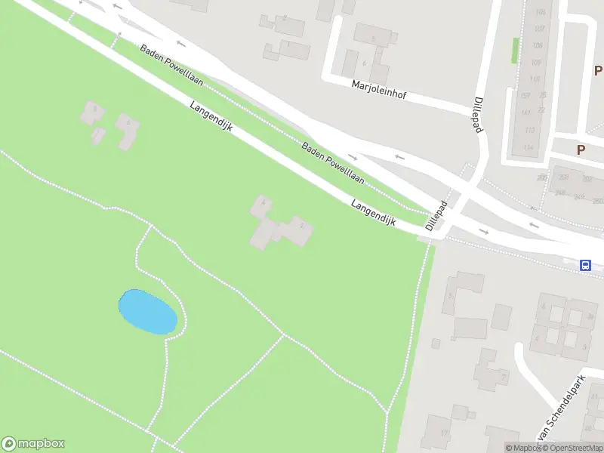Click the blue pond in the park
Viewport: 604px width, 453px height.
tap(148, 311)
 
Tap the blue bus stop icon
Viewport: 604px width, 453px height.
tap(585, 265)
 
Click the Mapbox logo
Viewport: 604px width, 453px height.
tap(33, 444)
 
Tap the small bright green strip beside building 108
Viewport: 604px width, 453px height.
tap(515, 51)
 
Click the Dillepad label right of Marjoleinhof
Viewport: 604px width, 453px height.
tap(477, 115)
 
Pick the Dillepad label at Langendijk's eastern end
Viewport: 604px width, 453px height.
tap(436, 216)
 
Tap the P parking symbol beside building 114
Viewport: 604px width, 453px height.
tap(581, 149)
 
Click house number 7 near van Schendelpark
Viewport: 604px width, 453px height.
tap(504, 377)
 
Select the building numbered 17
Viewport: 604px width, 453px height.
tap(445, 433)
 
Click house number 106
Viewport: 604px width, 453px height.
tap(539, 13)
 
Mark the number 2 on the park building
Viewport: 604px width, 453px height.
tap(303, 224)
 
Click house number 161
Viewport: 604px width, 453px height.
tap(525, 112)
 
